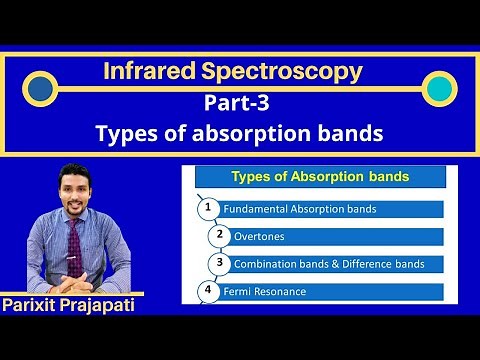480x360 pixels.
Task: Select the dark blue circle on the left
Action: coord(41,89)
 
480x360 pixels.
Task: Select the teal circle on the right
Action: coord(438,89)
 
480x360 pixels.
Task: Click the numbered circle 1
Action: coord(207,208)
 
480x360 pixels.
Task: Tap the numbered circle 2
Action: coord(220,235)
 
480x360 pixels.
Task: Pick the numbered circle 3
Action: coord(220,263)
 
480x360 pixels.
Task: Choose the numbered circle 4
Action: coord(207,291)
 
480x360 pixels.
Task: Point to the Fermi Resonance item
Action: coord(269,292)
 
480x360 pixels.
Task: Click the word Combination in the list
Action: coord(265,264)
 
